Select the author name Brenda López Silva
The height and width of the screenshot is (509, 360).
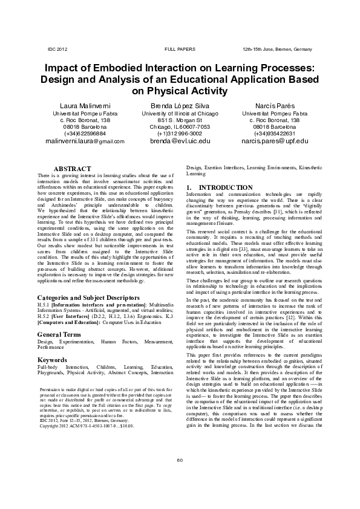180,105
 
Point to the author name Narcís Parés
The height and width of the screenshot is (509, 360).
275,105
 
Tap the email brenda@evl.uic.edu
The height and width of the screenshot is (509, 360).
180,141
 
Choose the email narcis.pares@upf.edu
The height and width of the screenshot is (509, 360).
275,141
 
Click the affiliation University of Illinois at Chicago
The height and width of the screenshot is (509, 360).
180,114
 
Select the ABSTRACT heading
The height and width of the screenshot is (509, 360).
73,169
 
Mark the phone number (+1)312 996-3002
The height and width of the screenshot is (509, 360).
180,133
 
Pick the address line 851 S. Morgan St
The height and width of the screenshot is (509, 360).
180,120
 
